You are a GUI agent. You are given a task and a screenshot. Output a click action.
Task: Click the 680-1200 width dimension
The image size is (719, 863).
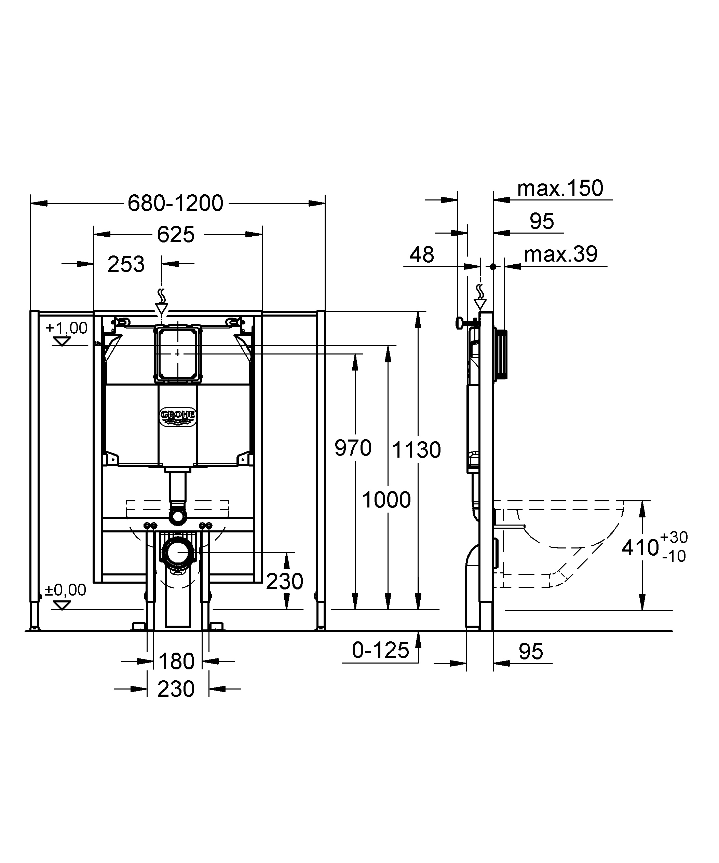(175, 203)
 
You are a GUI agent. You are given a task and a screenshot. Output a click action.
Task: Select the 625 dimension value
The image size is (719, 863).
(176, 235)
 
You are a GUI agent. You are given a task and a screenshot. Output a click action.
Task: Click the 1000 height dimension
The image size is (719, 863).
(386, 500)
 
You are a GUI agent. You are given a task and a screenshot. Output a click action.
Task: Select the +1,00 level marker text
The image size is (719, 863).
(67, 328)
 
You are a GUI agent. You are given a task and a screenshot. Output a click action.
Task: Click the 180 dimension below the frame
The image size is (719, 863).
(176, 661)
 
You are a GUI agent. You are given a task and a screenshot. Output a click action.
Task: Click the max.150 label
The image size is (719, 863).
(560, 188)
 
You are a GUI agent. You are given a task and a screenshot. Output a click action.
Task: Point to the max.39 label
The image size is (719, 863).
(561, 254)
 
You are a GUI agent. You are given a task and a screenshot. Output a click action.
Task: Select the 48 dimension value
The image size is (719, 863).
(422, 255)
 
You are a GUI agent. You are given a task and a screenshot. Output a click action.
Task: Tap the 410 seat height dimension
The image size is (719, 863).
(640, 548)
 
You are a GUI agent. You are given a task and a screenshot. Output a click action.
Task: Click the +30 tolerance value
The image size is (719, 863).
(674, 537)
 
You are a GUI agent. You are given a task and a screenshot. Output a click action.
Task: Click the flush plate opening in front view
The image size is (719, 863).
(178, 354)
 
